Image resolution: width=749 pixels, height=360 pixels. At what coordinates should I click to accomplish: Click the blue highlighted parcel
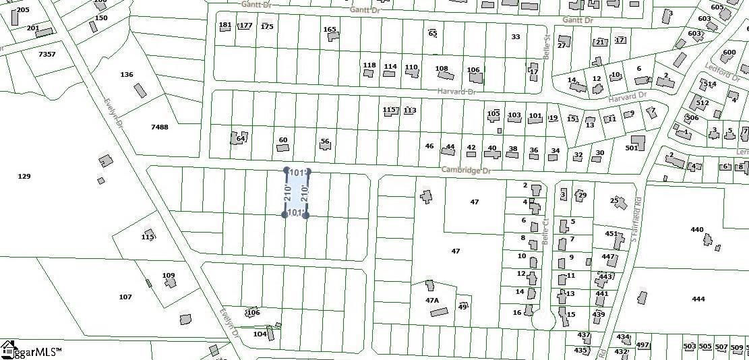click(296, 193)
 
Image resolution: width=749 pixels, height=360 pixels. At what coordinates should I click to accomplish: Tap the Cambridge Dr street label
click(465, 171)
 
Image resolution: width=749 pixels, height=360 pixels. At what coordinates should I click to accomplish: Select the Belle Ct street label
click(544, 230)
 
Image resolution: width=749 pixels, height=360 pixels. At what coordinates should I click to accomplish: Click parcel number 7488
click(160, 127)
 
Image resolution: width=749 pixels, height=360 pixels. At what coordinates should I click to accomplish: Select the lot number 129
click(24, 176)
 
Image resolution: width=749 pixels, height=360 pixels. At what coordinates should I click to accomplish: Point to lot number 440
click(697, 229)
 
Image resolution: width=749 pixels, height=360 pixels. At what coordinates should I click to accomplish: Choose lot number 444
click(698, 299)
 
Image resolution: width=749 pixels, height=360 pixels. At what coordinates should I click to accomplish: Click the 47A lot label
click(432, 300)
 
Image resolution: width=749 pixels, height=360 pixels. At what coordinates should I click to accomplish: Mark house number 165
click(330, 29)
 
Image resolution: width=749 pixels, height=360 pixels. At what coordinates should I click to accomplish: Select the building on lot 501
click(637, 143)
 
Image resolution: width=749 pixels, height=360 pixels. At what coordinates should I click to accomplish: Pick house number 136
click(127, 74)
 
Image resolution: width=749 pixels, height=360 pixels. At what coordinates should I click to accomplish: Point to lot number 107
click(125, 297)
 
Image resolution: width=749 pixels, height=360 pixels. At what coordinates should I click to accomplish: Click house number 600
click(729, 53)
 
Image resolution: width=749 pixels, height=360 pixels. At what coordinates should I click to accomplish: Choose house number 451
click(611, 234)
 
